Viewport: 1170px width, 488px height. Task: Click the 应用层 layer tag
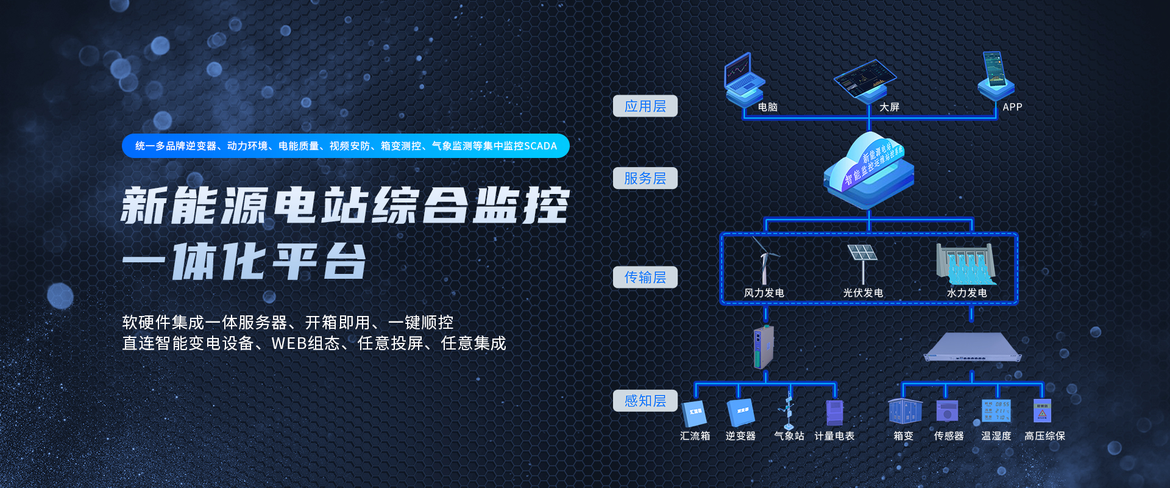tap(645, 106)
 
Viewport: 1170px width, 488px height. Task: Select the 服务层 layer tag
tap(645, 178)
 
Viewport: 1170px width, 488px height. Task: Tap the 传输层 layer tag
tap(645, 277)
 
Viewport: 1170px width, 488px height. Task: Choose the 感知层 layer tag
tap(645, 401)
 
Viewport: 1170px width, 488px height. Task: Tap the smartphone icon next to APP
tap(994, 72)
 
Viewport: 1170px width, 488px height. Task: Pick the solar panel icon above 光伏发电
tap(862, 259)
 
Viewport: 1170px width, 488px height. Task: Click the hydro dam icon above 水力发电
tap(966, 264)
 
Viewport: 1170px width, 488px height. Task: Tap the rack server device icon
tap(972, 348)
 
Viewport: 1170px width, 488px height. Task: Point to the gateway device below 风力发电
tap(764, 347)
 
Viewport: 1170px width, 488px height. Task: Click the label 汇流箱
tap(695, 436)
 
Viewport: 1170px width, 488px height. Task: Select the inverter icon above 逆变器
tap(741, 412)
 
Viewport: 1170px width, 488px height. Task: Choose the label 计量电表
tap(834, 436)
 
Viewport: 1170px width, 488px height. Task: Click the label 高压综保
tap(1044, 436)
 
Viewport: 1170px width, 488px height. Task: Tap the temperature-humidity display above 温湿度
tap(996, 411)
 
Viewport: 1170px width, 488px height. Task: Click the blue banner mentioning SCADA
tap(346, 146)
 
